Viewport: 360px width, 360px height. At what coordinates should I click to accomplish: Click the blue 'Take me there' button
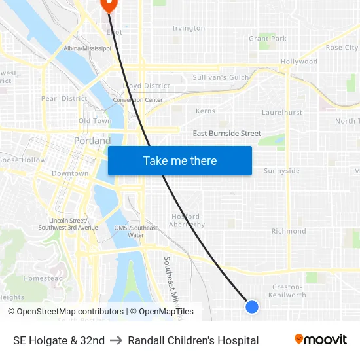[x=180, y=160]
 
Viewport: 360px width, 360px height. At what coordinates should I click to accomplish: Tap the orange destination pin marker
[x=108, y=5]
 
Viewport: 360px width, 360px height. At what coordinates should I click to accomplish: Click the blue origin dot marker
[x=251, y=306]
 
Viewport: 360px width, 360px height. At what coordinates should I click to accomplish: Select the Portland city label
[x=92, y=141]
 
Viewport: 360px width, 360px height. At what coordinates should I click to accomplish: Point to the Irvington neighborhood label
[x=189, y=28]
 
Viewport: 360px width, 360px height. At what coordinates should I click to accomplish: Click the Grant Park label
[x=268, y=39]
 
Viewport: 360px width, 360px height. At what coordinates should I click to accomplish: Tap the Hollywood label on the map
[x=299, y=62]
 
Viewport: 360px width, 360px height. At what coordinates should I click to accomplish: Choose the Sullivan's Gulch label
[x=221, y=77]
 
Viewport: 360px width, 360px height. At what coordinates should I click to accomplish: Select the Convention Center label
[x=137, y=100]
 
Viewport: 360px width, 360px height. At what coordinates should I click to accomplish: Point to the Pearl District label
[x=64, y=98]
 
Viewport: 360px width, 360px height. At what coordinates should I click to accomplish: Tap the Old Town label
[x=95, y=121]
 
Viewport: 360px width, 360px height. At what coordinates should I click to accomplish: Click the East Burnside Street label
[x=226, y=134]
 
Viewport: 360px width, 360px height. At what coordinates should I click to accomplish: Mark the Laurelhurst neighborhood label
[x=282, y=113]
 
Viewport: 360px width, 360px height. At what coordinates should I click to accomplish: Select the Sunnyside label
[x=281, y=171]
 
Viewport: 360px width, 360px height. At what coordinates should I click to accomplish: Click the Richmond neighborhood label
[x=289, y=231]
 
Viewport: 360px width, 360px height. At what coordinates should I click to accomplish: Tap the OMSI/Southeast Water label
[x=135, y=231]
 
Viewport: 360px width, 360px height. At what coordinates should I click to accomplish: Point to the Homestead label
[x=43, y=278]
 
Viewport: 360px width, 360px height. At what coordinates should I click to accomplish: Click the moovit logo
[x=321, y=340]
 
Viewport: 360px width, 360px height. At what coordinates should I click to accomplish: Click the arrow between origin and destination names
[x=116, y=340]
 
